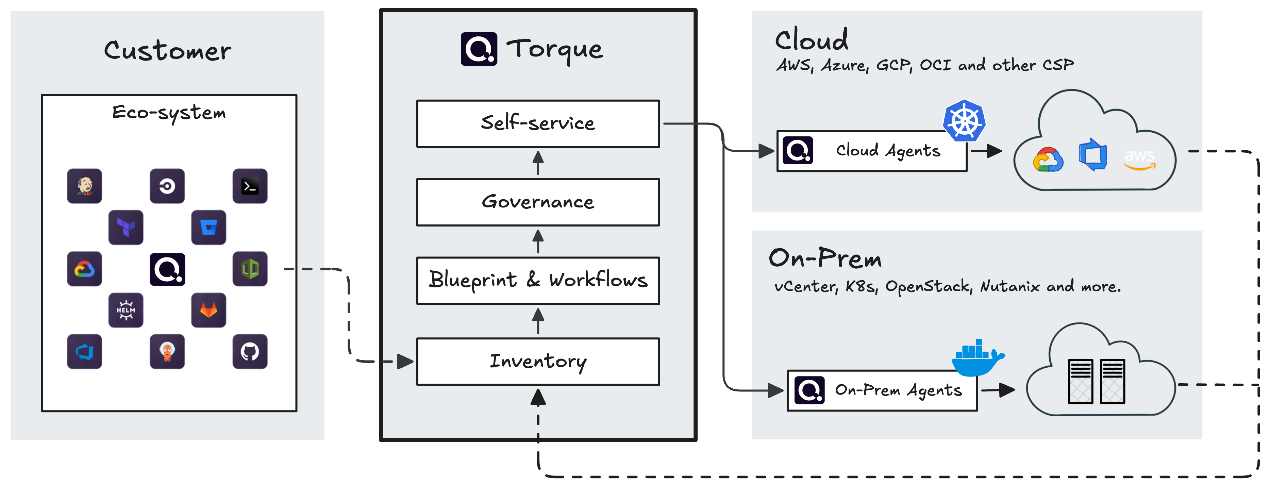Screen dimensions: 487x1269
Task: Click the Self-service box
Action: coord(538,123)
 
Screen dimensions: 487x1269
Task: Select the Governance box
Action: coord(538,202)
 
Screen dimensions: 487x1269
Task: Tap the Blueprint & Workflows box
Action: coord(538,280)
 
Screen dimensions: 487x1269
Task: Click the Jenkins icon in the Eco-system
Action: coord(84,186)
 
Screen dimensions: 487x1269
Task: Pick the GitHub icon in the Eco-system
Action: coord(250,352)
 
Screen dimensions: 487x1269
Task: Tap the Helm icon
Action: coord(126,310)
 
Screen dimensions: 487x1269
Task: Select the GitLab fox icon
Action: coord(208,310)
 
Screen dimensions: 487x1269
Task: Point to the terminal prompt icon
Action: coord(250,186)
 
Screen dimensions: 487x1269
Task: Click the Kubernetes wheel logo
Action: coord(964,121)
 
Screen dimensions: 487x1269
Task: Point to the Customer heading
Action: coord(167,51)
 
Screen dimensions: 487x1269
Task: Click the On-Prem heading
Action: coord(825,258)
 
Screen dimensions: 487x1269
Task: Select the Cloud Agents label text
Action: coord(888,151)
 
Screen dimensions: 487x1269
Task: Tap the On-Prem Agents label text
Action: coord(898,390)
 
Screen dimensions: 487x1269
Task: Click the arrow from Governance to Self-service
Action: coord(538,163)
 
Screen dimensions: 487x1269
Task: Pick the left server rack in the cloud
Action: coord(1080,382)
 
